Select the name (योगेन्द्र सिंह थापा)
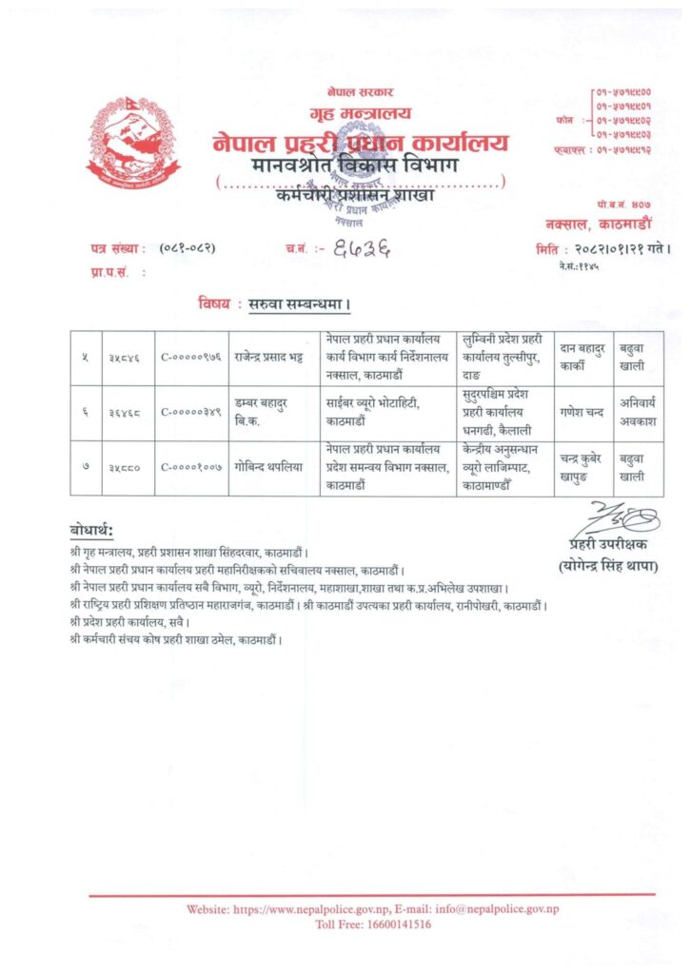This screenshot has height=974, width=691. coord(608,567)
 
